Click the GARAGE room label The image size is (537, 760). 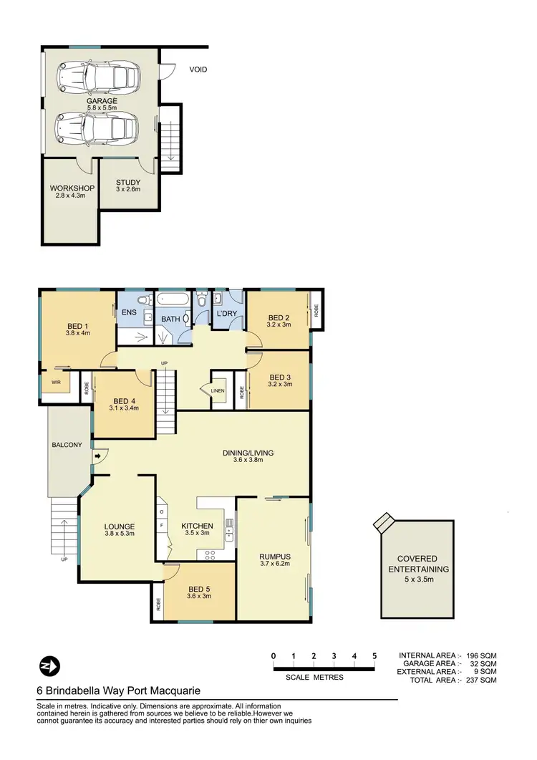tap(102, 101)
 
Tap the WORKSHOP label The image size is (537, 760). tap(72, 188)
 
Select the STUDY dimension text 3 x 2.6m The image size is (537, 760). tap(128, 190)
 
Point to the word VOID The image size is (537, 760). tap(198, 69)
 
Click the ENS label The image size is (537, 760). tap(130, 312)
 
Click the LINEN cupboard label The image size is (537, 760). tap(218, 390)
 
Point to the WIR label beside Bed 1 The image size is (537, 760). tap(55, 383)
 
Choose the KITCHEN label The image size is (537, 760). tap(195, 524)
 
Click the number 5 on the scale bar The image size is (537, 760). tap(374, 655)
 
